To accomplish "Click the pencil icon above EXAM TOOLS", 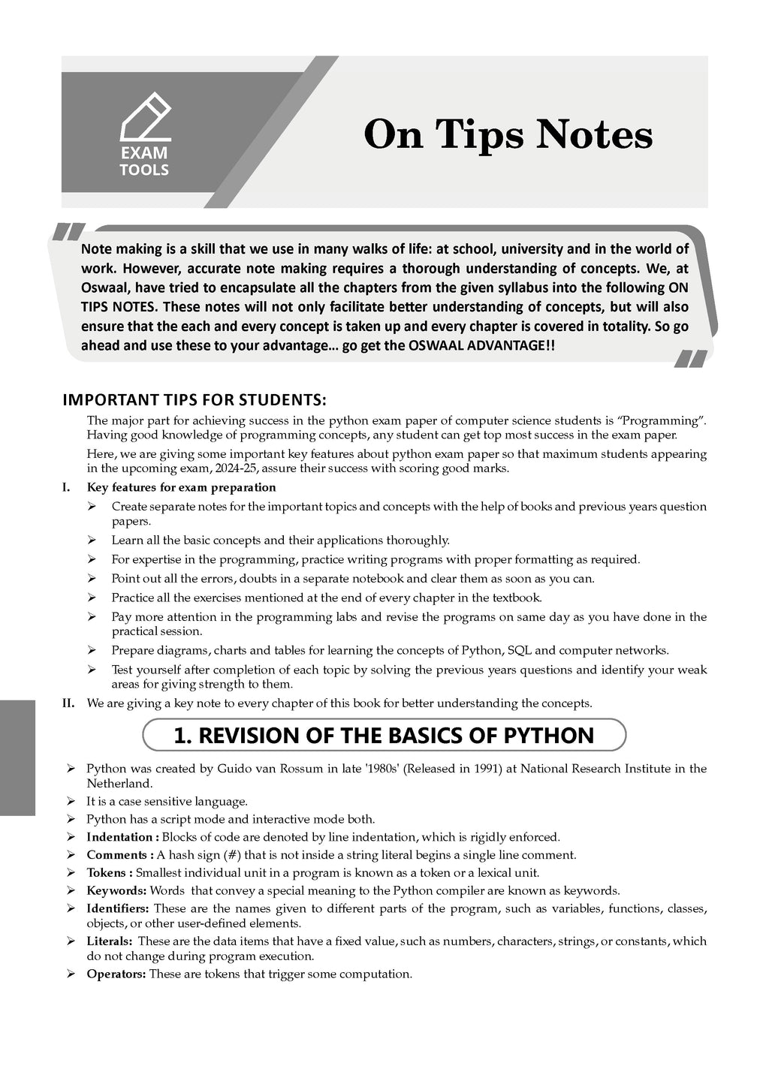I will (146, 116).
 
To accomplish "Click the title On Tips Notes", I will (508, 135).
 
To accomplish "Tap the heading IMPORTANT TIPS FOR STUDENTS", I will (195, 399).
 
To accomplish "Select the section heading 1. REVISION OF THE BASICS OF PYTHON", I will (384, 735).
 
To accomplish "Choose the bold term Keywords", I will (116, 890).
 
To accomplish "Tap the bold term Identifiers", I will (117, 908).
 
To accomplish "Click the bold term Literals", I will (110, 941).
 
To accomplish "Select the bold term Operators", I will (116, 974).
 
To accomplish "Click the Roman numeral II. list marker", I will (68, 703).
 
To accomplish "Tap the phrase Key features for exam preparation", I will (182, 487).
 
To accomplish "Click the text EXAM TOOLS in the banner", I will (144, 161).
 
